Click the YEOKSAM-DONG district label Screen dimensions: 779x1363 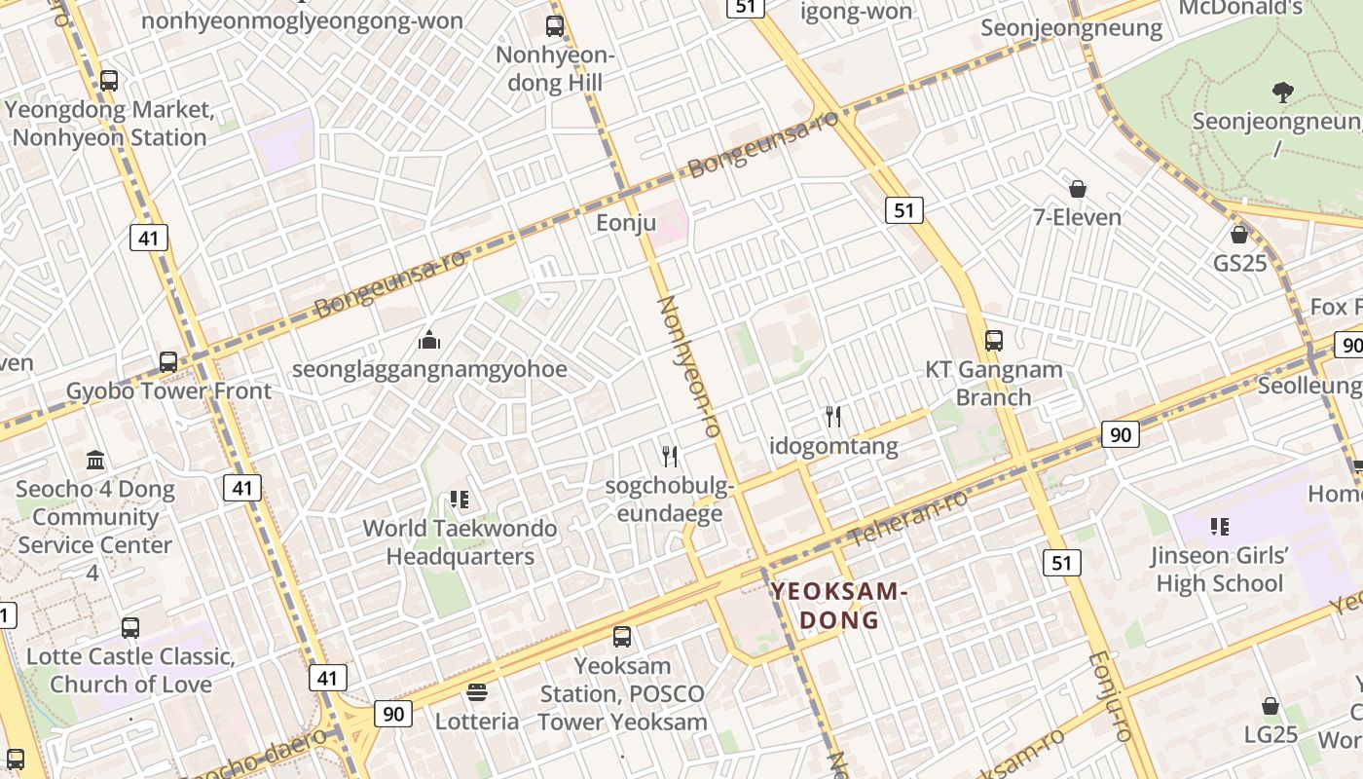(x=839, y=606)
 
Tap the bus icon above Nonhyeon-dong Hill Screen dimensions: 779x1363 (x=555, y=26)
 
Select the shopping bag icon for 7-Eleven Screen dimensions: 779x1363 (x=1078, y=189)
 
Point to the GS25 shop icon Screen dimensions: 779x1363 (x=1239, y=235)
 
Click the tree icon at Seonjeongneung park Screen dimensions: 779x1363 (x=1282, y=93)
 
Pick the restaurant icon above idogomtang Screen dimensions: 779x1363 (x=833, y=417)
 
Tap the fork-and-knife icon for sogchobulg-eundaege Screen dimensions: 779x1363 (x=670, y=456)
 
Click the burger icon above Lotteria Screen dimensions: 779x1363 (x=477, y=692)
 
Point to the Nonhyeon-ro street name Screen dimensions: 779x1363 (x=687, y=365)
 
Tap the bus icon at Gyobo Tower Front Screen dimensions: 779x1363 (x=168, y=362)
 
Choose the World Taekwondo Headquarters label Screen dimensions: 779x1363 (x=460, y=542)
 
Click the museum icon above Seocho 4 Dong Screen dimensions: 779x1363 (x=95, y=460)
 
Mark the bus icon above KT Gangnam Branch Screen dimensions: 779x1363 (x=993, y=341)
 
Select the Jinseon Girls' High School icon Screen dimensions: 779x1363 (x=1219, y=527)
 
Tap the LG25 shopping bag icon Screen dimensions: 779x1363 (x=1271, y=706)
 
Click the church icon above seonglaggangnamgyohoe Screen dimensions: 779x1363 (x=429, y=340)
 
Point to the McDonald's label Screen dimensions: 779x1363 (x=1240, y=8)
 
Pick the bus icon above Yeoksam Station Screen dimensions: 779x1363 (x=622, y=637)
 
